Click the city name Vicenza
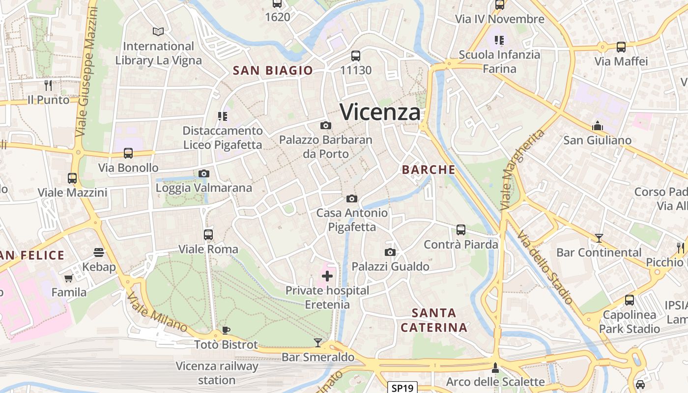tap(380, 112)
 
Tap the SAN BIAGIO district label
tap(273, 70)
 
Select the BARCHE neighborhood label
tap(429, 170)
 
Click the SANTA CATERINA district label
tap(433, 320)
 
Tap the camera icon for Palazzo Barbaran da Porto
tap(325, 126)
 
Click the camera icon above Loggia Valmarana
tap(203, 173)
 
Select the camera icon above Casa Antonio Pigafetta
tap(351, 198)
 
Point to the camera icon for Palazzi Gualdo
tap(390, 253)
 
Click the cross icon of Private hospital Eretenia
tap(327, 276)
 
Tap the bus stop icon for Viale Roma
tap(208, 235)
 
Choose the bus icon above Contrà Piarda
tap(460, 230)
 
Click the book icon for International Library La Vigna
tap(158, 32)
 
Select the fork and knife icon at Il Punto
tap(48, 85)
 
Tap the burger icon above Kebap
tap(99, 253)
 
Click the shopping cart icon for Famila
tap(69, 278)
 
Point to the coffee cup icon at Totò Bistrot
tap(226, 330)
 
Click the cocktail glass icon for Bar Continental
tap(599, 238)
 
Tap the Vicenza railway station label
tap(217, 373)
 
